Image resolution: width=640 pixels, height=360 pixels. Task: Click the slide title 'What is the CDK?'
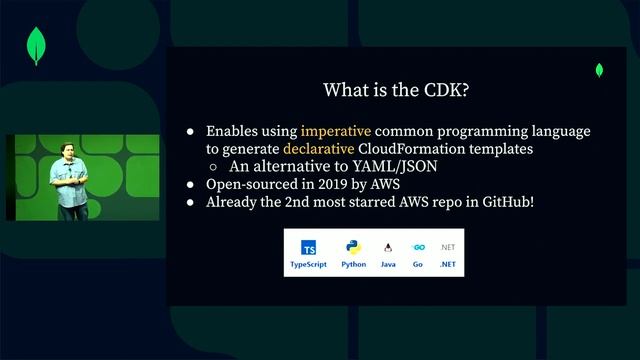point(397,90)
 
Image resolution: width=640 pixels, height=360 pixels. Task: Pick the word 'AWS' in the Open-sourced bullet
point(383,185)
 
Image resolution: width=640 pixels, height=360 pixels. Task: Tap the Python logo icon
point(353,248)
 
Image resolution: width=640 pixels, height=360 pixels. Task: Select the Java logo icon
point(388,248)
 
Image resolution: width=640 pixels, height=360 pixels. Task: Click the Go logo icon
point(419,248)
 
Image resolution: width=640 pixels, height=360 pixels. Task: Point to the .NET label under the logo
point(448,265)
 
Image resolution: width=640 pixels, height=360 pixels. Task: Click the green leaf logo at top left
point(38,48)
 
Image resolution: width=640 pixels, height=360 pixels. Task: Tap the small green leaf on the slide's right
point(599,70)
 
